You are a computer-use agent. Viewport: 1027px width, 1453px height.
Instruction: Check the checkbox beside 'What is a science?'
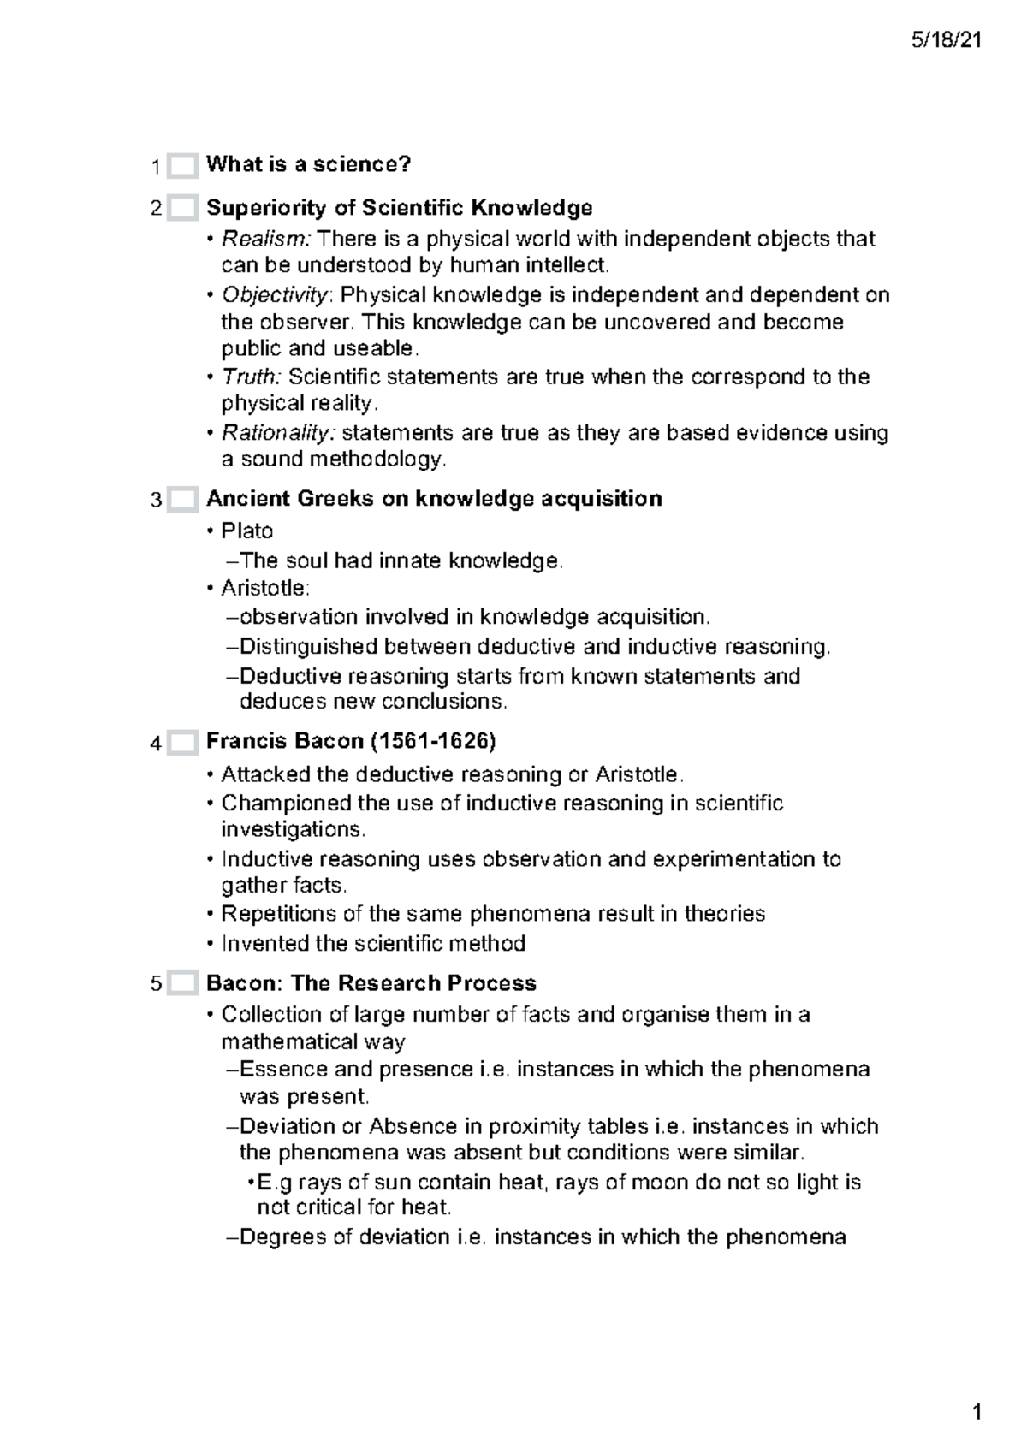182,165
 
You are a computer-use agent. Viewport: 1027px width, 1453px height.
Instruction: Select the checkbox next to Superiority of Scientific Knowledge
182,208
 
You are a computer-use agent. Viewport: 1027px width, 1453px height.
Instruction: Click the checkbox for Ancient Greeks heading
182,500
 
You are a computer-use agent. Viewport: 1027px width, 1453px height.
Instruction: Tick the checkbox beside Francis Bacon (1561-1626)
182,743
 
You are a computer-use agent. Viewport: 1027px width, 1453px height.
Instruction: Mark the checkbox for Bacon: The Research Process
182,984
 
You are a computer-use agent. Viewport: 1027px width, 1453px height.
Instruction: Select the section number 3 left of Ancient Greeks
156,501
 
